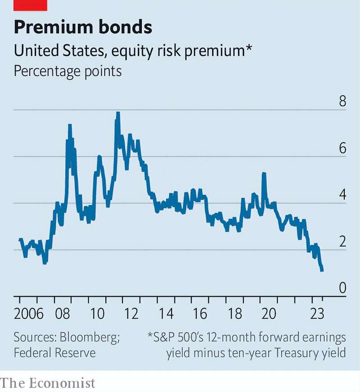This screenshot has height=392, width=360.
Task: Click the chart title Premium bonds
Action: tap(83, 27)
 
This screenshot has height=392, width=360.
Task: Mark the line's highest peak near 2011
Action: tap(118, 113)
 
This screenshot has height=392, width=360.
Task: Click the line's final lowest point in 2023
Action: tap(322, 270)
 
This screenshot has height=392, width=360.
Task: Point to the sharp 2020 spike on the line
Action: tap(264, 174)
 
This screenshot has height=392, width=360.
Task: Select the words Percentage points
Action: tap(68, 71)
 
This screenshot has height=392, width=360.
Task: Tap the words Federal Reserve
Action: tap(54, 352)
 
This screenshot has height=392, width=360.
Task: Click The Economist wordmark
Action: tap(48, 383)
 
